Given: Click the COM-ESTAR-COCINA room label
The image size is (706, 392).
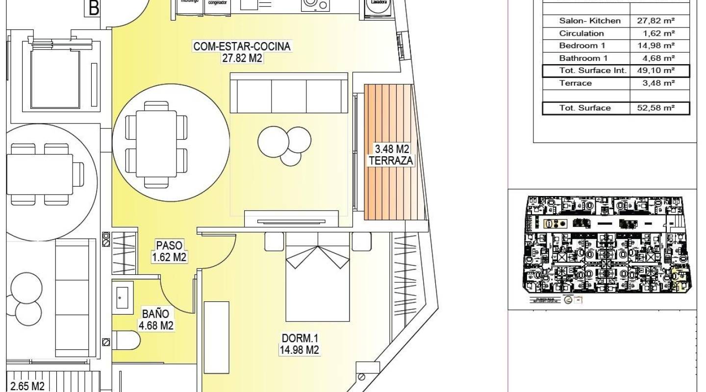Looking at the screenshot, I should [242, 52].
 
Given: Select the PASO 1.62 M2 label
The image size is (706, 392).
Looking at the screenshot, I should [169, 251].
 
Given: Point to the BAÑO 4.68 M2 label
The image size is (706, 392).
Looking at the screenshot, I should [156, 318].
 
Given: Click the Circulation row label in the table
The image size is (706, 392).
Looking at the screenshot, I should [581, 33].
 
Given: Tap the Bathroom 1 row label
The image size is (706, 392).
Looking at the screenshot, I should [583, 58].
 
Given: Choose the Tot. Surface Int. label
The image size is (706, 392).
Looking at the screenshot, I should [593, 71].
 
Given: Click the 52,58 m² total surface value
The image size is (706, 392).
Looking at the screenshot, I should [656, 108].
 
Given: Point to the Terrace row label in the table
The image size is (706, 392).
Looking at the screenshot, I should [576, 83].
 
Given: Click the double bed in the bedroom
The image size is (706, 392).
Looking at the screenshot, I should [318, 277].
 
